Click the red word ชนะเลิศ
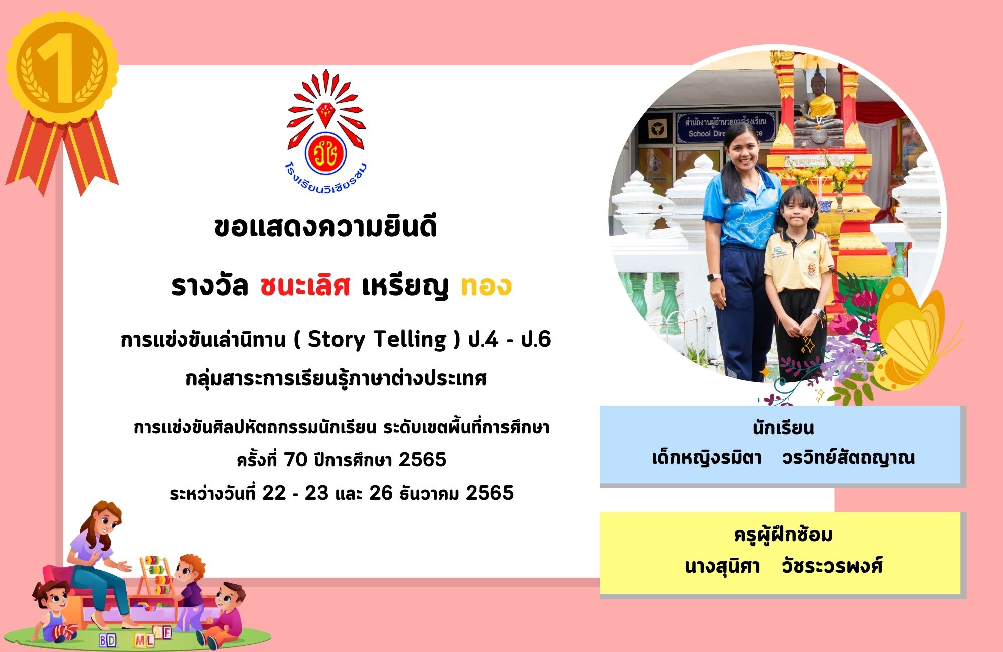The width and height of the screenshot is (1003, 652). (305, 286)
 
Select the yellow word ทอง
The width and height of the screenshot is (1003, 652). (486, 286)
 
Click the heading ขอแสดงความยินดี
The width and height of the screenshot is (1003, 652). (325, 227)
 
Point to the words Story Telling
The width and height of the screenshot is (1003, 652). (377, 340)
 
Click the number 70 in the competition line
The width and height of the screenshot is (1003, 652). (295, 459)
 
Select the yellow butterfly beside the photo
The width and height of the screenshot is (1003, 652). (913, 334)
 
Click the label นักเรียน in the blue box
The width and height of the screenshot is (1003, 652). (783, 428)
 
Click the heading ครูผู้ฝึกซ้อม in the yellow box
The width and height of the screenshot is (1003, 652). (783, 535)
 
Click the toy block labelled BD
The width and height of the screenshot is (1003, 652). (107, 639)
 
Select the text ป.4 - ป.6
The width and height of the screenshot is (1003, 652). (510, 340)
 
